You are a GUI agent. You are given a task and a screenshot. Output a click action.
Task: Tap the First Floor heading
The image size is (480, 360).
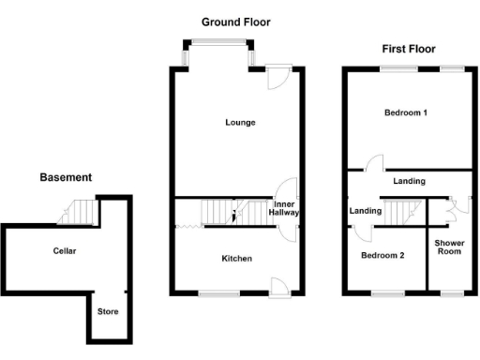[406, 47]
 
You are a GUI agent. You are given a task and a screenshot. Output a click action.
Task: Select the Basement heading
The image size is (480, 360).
[65, 176]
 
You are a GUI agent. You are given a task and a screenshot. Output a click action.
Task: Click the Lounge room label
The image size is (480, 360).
[240, 123]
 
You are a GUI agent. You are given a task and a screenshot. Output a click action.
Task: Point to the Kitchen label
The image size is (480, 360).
[236, 258]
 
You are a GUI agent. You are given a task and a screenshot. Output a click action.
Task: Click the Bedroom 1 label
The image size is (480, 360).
[406, 113]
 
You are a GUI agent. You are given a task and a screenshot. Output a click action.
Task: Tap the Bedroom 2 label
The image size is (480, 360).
[382, 255]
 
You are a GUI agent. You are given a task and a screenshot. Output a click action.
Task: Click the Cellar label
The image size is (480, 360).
[65, 251]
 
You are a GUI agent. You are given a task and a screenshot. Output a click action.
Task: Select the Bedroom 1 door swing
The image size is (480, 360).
[376, 161]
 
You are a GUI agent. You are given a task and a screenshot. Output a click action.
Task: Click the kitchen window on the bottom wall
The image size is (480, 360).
[217, 294]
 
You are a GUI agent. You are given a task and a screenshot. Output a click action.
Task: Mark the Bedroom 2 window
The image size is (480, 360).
[382, 294]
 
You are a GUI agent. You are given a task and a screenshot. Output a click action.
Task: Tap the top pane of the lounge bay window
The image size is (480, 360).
[217, 41]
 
